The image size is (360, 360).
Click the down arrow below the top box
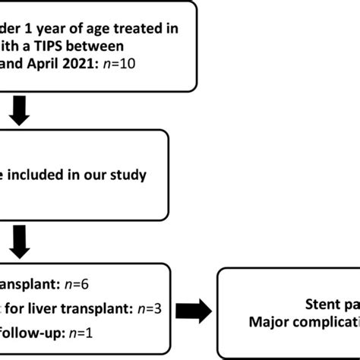point(21,112)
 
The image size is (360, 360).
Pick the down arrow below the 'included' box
point(21,242)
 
